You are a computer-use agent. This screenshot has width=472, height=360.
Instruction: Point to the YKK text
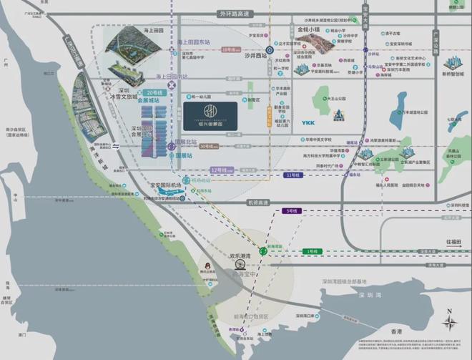click(x=308, y=122)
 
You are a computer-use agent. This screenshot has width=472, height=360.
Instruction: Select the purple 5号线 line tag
click(x=290, y=211)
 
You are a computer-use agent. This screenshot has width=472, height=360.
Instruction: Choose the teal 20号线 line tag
click(x=154, y=93)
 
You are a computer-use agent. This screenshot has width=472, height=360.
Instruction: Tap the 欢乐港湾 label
click(x=242, y=254)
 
